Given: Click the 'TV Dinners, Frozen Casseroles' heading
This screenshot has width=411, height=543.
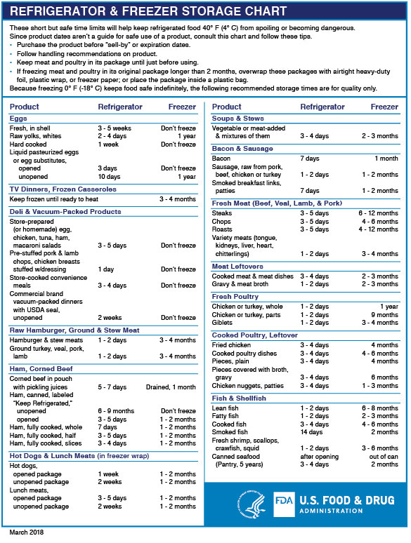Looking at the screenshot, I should click(x=63, y=189).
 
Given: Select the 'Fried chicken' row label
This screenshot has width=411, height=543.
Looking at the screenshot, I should click(x=233, y=345).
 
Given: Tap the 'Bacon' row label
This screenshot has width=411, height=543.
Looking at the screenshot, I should click(x=221, y=159).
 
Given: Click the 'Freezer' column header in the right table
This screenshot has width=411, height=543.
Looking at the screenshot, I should click(x=384, y=107).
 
